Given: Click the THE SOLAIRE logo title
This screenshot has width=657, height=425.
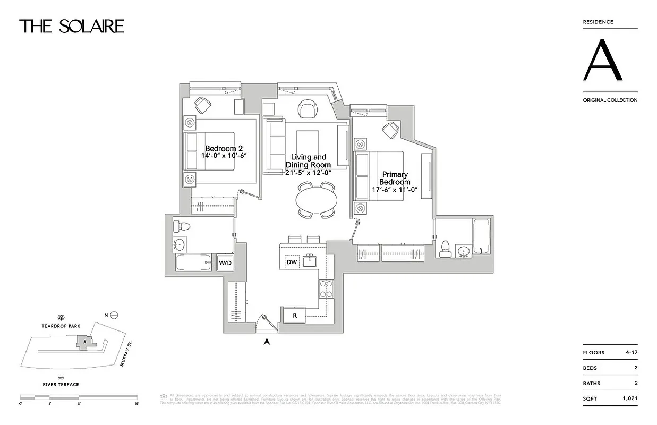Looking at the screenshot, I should [x=72, y=26].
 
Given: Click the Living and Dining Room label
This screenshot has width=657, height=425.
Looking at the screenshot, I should [x=308, y=161].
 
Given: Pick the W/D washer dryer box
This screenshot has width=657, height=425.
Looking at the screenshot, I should [x=225, y=263].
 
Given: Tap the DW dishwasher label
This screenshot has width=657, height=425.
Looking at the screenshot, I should [x=291, y=262].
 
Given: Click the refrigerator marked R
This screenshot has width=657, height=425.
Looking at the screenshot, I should [x=294, y=316].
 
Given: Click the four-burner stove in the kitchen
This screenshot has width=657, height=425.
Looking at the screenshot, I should [x=325, y=289].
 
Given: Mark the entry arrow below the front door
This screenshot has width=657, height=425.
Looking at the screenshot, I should [x=267, y=342].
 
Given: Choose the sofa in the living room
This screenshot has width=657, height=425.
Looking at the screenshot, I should [x=274, y=146].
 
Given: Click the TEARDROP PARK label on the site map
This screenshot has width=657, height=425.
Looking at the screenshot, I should [x=62, y=326].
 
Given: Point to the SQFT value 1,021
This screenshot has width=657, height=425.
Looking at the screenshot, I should [x=629, y=398].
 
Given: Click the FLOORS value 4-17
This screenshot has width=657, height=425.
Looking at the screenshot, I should [x=630, y=353].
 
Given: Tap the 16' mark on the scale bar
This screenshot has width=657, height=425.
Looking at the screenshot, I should [x=136, y=404].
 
